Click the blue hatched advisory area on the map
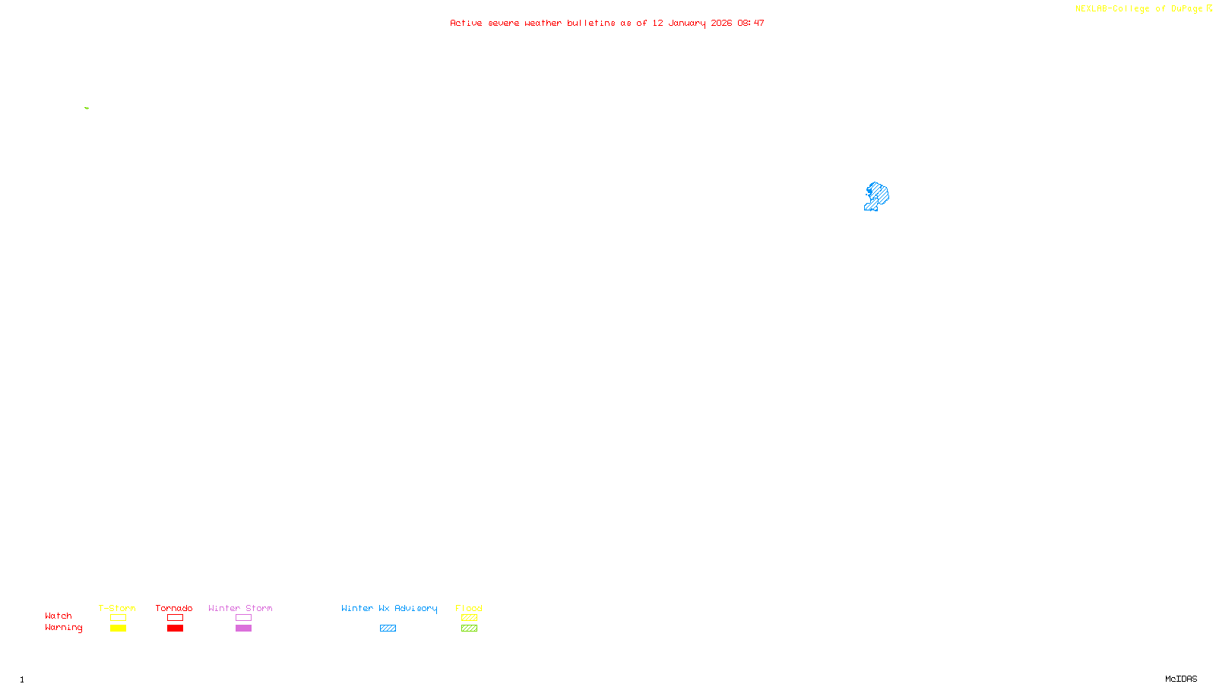point(877,195)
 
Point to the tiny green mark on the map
point(87,108)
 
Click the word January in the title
point(686,23)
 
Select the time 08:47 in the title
point(751,23)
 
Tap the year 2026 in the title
point(721,23)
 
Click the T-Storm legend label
point(117,608)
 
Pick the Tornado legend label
point(174,608)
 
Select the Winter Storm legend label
point(240,608)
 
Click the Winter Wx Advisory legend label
point(389,608)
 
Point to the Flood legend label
point(469,608)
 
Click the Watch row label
point(59,616)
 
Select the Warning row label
point(63,628)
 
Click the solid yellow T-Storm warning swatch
point(118,628)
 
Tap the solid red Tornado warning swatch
point(175,628)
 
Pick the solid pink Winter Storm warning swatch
point(243,628)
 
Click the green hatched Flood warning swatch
point(469,628)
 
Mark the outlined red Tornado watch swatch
point(175,618)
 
